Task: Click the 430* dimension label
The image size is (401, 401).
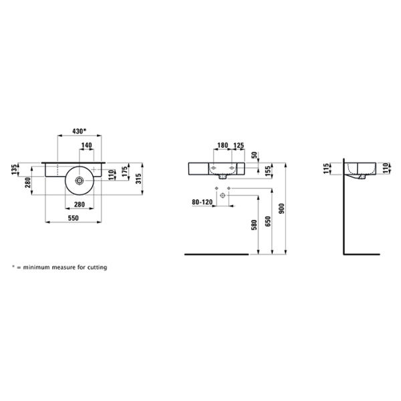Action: pyautogui.click(x=80, y=131)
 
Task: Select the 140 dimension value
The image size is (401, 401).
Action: pyautogui.click(x=86, y=146)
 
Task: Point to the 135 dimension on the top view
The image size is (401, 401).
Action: pyautogui.click(x=15, y=170)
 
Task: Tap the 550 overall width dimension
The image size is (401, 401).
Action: pyautogui.click(x=74, y=218)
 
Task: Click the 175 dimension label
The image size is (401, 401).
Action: pyautogui.click(x=124, y=172)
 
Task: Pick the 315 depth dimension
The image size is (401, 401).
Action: pyautogui.click(x=138, y=179)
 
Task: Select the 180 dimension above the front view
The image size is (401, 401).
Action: pyautogui.click(x=223, y=146)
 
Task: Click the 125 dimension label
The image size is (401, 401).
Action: pyautogui.click(x=239, y=146)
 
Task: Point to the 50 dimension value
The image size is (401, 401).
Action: pyautogui.click(x=254, y=155)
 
